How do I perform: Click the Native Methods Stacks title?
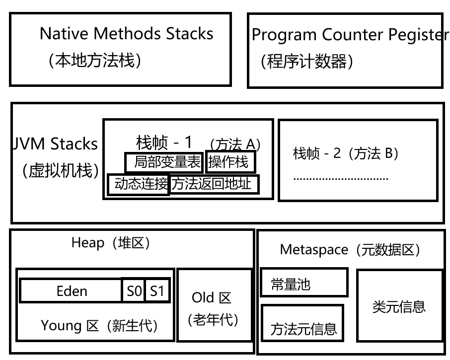coord(126,34)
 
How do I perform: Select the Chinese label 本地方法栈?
coord(95,61)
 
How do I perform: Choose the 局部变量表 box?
coord(163,162)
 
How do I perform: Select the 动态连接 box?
coord(139,184)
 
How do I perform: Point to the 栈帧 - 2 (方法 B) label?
coord(346,153)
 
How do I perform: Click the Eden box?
coord(72,291)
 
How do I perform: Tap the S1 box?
coord(157,291)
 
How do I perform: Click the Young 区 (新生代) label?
coord(99,326)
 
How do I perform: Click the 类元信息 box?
coord(399,306)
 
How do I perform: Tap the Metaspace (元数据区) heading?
coord(350,249)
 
